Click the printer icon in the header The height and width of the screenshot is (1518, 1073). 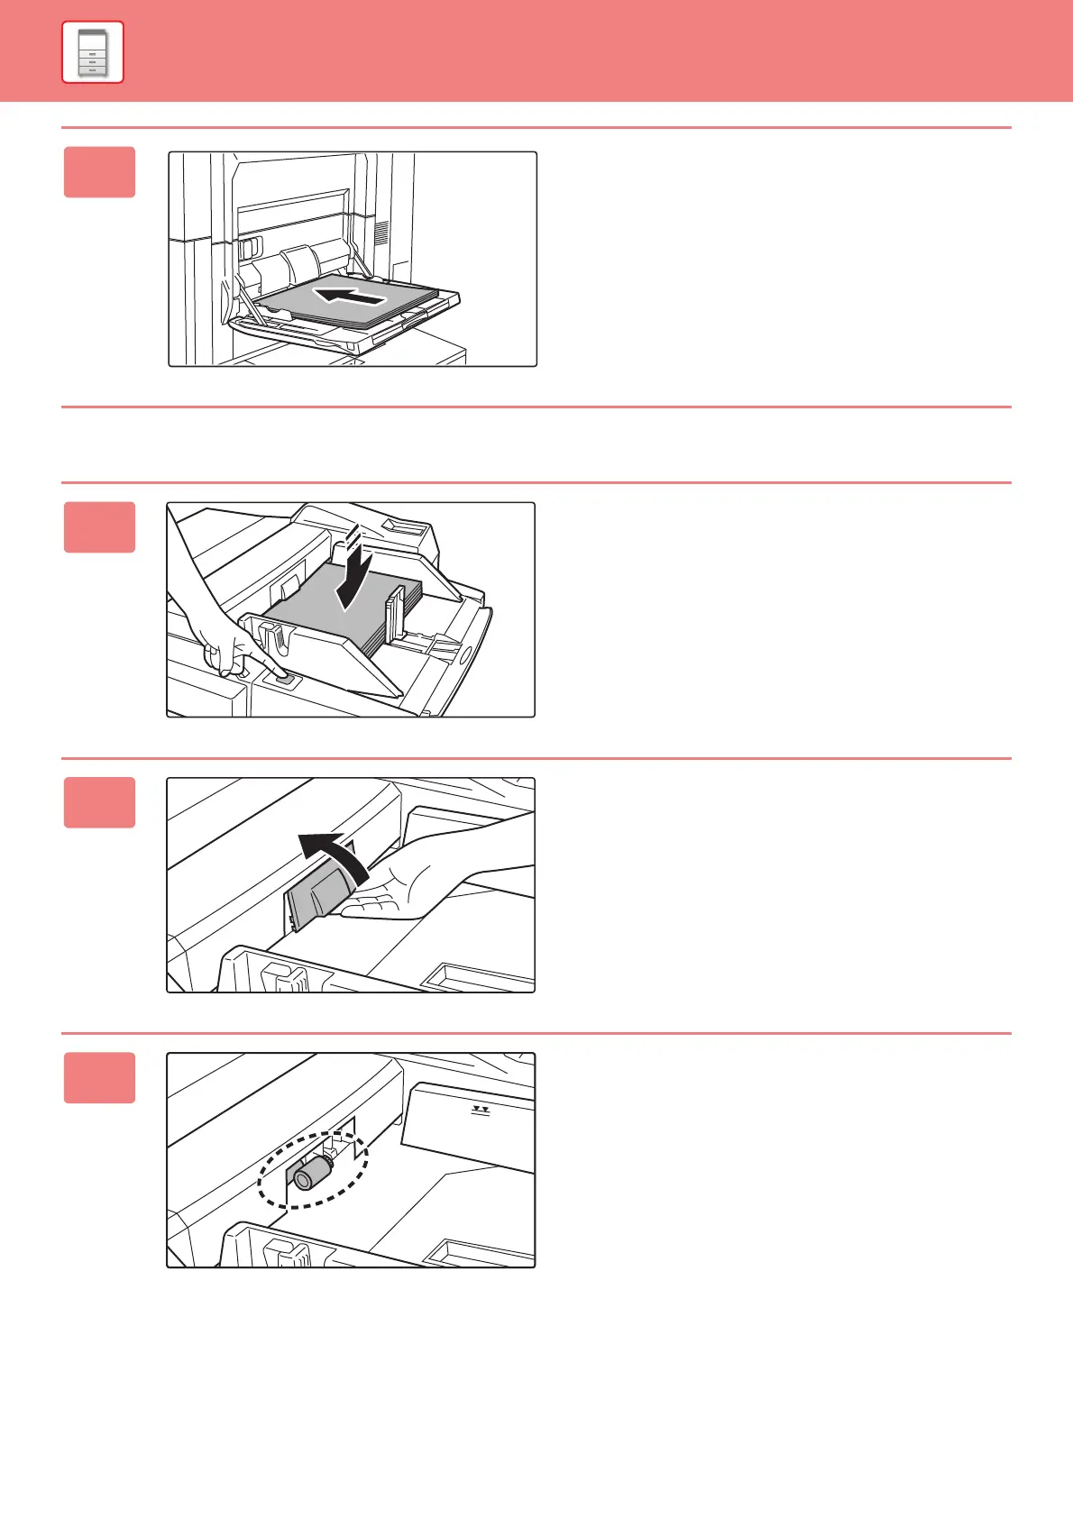[93, 52]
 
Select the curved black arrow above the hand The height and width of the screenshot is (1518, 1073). [335, 854]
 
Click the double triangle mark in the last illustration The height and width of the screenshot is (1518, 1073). [481, 1111]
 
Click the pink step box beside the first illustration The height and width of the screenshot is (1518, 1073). [100, 172]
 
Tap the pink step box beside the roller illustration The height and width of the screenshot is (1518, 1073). [100, 1078]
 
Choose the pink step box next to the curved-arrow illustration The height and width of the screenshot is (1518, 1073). [100, 802]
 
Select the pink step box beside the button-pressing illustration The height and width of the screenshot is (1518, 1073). [100, 527]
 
